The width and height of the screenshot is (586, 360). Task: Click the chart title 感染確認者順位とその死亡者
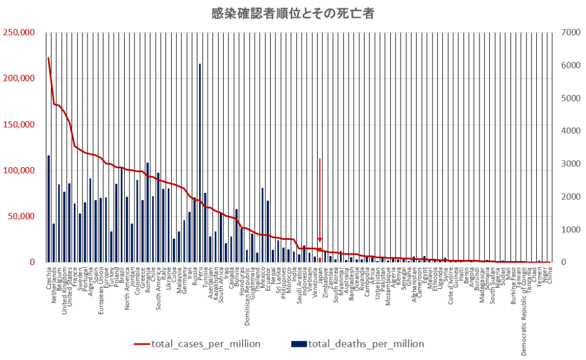(292, 14)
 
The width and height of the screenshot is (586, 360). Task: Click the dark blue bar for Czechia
(49, 209)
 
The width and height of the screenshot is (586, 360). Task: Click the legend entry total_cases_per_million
(197, 344)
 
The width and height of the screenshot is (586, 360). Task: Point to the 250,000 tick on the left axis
(19, 33)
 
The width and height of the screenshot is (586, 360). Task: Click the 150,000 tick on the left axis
(19, 125)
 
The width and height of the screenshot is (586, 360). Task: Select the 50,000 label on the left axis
(22, 216)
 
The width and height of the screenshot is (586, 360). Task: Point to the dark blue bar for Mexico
(263, 225)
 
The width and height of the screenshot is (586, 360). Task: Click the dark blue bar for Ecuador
(268, 231)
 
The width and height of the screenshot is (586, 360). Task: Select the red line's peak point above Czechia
(49, 58)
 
